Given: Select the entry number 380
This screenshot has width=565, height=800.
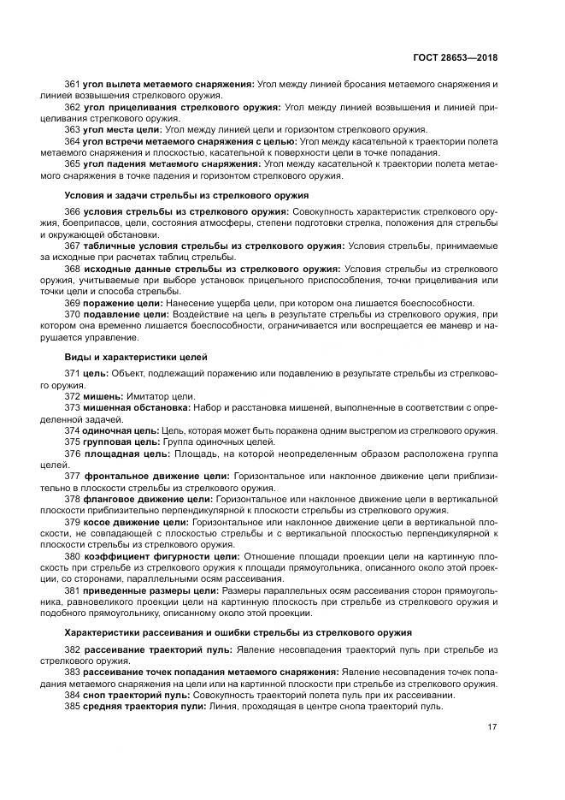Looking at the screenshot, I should tap(74, 555).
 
